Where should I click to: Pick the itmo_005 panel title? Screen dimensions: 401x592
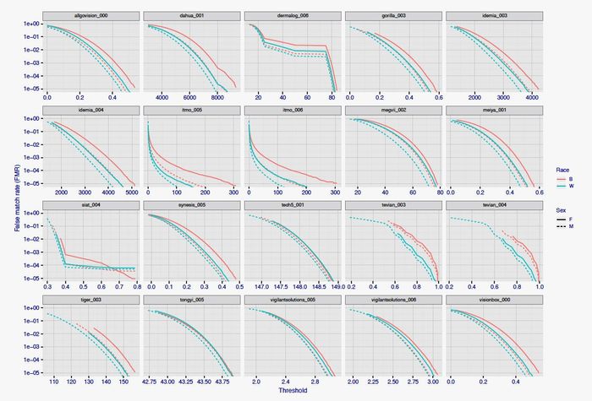tap(190, 111)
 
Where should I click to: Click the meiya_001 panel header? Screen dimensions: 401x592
tap(491, 111)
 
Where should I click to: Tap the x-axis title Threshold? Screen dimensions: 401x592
tap(291, 391)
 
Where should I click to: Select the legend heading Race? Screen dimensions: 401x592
tap(562, 166)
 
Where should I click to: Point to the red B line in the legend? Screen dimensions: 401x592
tap(562, 179)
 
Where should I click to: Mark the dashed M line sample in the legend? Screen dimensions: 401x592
tap(562, 228)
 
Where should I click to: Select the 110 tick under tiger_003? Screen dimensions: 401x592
tap(54, 382)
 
